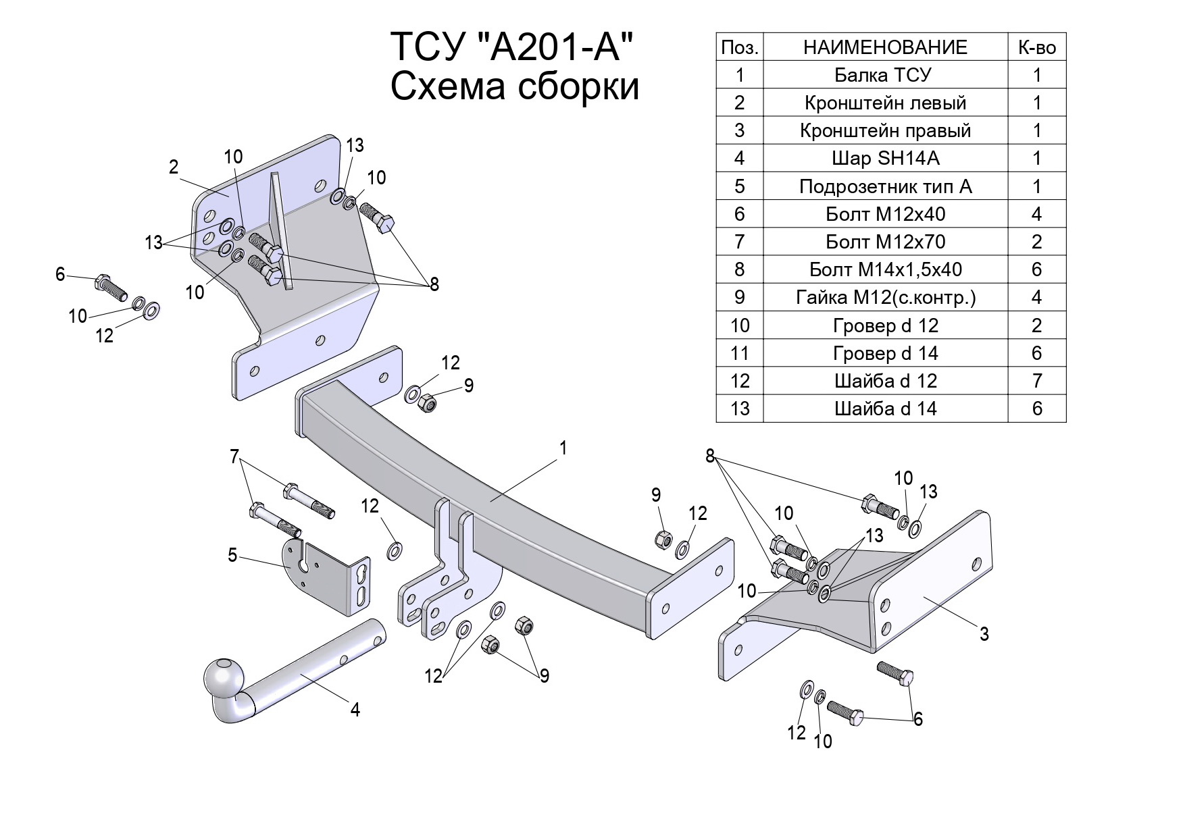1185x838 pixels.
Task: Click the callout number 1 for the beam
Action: click(563, 448)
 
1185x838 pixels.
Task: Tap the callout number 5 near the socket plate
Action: click(232, 556)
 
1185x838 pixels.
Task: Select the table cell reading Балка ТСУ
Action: click(884, 75)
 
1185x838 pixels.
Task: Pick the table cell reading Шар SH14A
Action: click(884, 158)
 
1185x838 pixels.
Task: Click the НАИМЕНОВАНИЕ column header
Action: click(884, 47)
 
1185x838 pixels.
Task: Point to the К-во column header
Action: click(1036, 47)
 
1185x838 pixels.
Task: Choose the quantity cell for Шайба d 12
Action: click(1036, 381)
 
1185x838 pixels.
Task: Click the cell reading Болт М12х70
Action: click(884, 242)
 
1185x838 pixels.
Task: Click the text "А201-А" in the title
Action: click(555, 47)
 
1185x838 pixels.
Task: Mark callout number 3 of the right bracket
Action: click(984, 633)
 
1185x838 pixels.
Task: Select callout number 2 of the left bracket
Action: click(174, 167)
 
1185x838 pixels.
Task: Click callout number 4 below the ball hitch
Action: click(355, 709)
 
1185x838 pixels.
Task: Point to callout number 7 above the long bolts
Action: click(234, 457)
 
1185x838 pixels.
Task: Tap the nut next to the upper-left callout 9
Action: click(427, 403)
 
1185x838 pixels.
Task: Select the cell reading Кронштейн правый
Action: click(884, 130)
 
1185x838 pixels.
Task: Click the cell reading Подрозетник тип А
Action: click(884, 186)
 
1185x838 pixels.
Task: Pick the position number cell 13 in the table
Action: click(740, 409)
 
